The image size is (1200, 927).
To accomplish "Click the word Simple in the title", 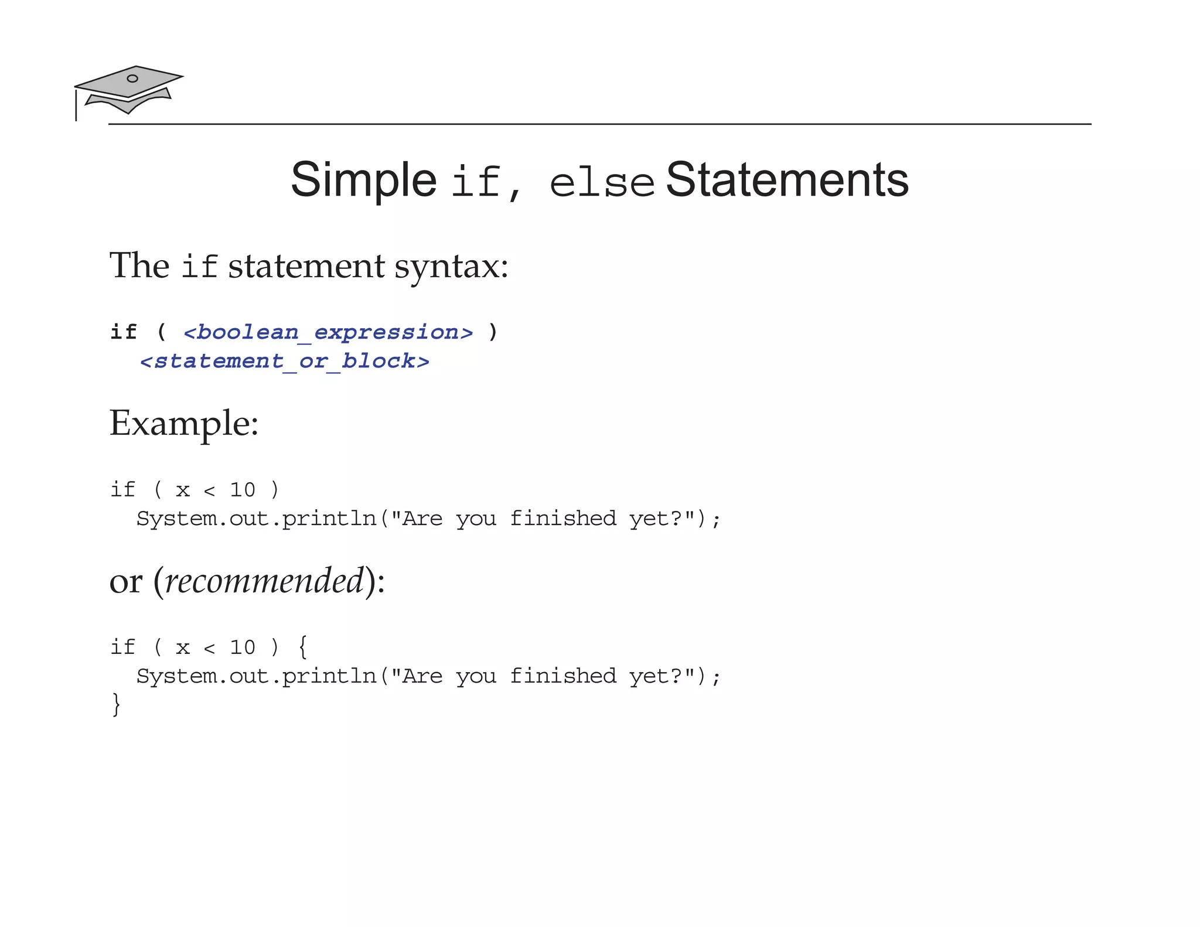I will [363, 180].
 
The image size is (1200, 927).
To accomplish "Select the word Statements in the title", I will [787, 180].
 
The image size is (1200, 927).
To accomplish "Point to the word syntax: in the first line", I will [451, 267].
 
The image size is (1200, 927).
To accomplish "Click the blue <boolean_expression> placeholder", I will [328, 332].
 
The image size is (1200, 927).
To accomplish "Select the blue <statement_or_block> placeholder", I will [285, 361].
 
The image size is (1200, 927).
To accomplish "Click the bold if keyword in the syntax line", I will [124, 332].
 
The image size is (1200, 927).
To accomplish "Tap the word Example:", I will [184, 424].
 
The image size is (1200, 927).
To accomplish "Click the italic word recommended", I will [264, 581].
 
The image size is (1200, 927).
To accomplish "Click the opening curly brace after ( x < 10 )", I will [302, 647].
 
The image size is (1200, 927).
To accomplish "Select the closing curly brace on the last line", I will [116, 704].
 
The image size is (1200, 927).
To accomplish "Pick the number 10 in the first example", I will [243, 490].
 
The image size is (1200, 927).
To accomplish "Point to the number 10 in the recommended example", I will [243, 647].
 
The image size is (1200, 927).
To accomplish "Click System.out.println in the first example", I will [257, 519].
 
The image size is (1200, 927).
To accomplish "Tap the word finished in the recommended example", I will [562, 676].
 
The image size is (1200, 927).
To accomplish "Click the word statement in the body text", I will [306, 267].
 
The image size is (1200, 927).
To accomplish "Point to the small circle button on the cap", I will [132, 79].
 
